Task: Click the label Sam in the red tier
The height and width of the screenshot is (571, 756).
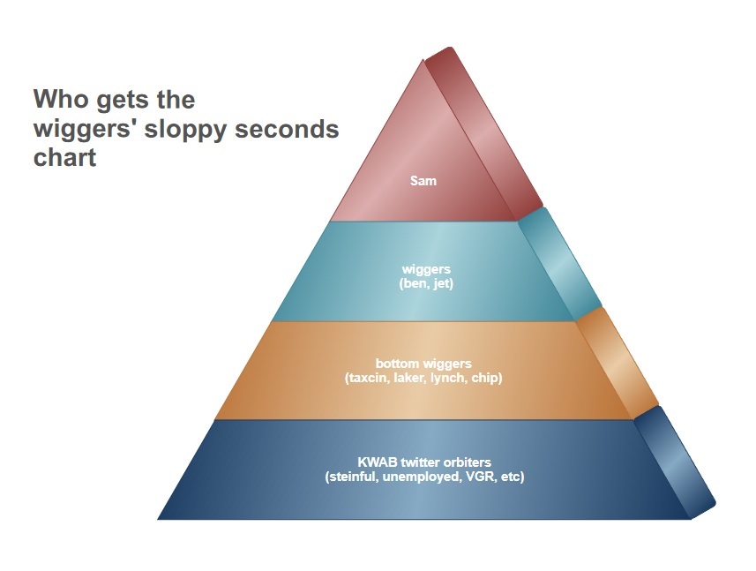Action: coord(423,181)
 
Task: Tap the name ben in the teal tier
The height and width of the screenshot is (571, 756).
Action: coord(412,283)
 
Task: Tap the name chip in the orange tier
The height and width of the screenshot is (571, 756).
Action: coord(484,378)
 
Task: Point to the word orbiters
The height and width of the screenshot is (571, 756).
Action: coord(468,462)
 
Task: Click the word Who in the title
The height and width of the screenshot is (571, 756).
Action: coord(61,99)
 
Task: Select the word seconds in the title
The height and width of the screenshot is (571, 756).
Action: coord(287,129)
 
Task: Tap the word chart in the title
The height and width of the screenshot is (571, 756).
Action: coord(64,157)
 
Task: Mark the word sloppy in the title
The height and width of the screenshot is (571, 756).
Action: coord(185,131)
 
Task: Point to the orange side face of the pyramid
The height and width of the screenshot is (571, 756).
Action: coord(618,363)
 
